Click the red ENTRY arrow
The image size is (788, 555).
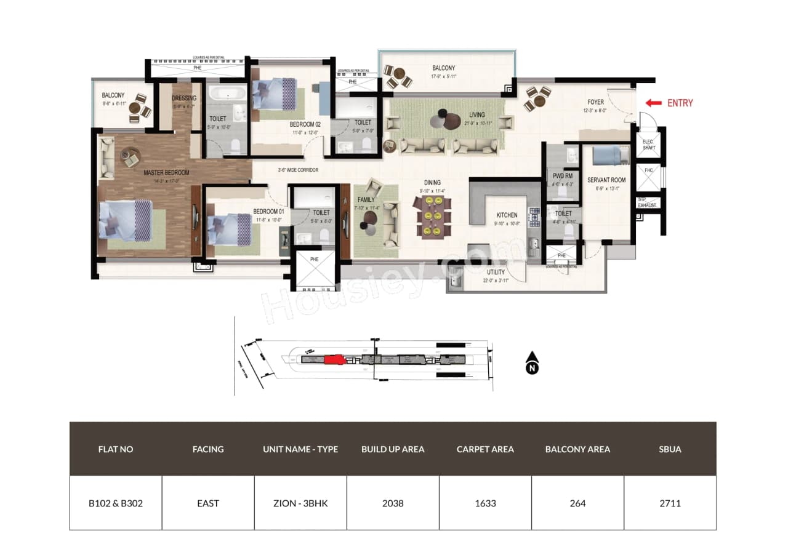(654, 103)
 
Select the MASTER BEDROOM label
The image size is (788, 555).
(166, 173)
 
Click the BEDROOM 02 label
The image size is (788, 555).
(306, 124)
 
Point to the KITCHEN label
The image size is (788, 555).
(507, 215)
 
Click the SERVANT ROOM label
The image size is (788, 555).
(606, 180)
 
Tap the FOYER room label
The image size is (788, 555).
(595, 102)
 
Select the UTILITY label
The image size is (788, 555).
(496, 272)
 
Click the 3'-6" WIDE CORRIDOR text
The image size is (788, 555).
(297, 170)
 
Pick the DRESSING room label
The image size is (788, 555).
(184, 98)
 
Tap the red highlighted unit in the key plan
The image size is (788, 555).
(333, 360)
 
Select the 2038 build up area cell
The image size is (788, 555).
(393, 503)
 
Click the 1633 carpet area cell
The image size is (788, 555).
(485, 503)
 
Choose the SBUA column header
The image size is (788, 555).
(670, 449)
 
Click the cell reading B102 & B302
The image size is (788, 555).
(116, 503)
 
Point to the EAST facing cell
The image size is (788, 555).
(208, 503)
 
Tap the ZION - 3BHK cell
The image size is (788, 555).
(300, 503)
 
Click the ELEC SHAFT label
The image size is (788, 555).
(648, 145)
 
